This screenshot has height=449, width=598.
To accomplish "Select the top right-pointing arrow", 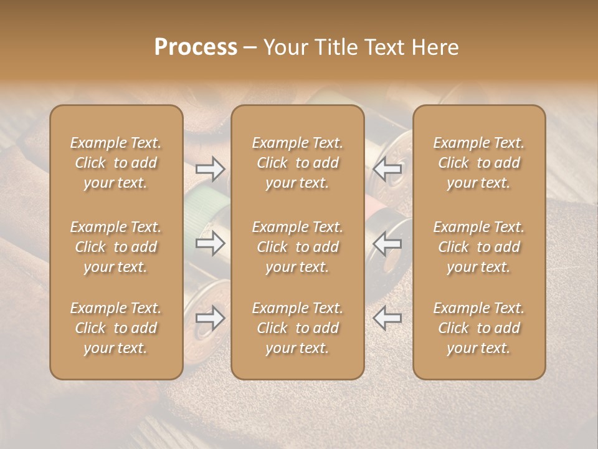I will pyautogui.click(x=210, y=169).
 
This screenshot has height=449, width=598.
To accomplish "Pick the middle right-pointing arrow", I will pyautogui.click(x=210, y=243).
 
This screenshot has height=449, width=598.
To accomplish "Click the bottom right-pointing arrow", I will pyautogui.click(x=210, y=318).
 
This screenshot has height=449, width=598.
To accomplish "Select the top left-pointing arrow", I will pyautogui.click(x=387, y=169).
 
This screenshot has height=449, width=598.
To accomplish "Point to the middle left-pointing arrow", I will pyautogui.click(x=387, y=243).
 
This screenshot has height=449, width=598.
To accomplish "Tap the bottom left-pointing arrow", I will pyautogui.click(x=387, y=318).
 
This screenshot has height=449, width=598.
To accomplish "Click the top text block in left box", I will pyautogui.click(x=116, y=163).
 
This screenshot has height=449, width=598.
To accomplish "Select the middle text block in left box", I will pyautogui.click(x=116, y=247).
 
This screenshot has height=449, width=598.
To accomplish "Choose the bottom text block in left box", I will pyautogui.click(x=116, y=328).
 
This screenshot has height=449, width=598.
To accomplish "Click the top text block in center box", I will pyautogui.click(x=298, y=163).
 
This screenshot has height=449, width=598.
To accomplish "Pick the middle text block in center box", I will pyautogui.click(x=298, y=247).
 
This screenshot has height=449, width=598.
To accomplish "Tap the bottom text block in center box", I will pyautogui.click(x=298, y=328).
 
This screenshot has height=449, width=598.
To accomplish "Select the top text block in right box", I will pyautogui.click(x=479, y=163).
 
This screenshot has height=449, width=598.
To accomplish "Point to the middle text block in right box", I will pyautogui.click(x=479, y=247).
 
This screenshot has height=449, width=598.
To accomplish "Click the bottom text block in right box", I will pyautogui.click(x=479, y=328).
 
